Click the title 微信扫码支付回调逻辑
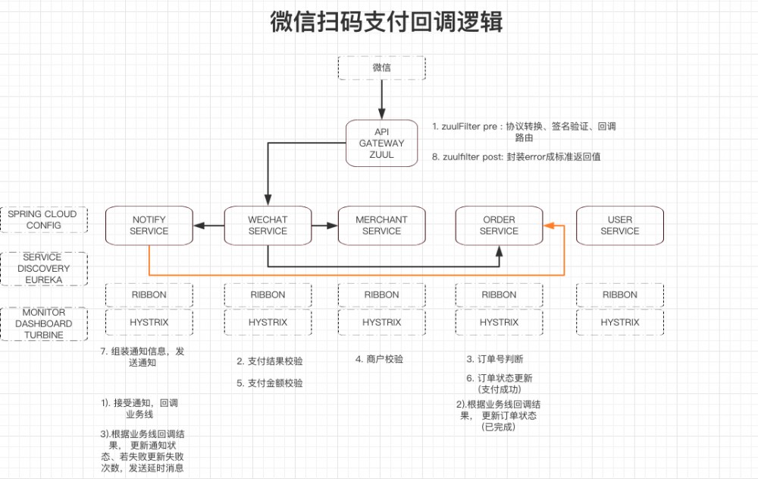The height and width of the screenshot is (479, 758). click(386, 22)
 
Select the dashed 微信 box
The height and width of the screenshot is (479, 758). click(381, 68)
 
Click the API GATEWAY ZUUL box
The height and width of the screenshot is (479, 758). click(381, 143)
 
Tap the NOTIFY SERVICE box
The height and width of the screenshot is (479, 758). click(149, 225)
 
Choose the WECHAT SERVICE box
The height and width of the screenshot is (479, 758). click(268, 225)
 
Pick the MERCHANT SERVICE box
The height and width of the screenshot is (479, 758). click(381, 225)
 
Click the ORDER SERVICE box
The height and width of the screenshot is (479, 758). click(498, 225)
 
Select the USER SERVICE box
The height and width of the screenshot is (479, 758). click(619, 225)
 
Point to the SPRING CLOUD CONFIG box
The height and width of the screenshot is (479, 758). click(43, 220)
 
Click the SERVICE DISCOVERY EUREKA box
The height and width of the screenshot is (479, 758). click(43, 269)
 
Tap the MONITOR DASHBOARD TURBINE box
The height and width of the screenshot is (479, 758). click(43, 323)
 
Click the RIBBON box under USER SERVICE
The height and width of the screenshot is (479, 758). click(619, 295)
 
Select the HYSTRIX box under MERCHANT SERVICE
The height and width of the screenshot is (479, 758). click(381, 322)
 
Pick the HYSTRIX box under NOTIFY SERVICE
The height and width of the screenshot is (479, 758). click(149, 322)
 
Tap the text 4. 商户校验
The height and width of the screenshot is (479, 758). click(379, 359)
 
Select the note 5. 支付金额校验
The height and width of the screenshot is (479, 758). click(270, 383)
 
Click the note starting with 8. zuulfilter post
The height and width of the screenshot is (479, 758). click(517, 156)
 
